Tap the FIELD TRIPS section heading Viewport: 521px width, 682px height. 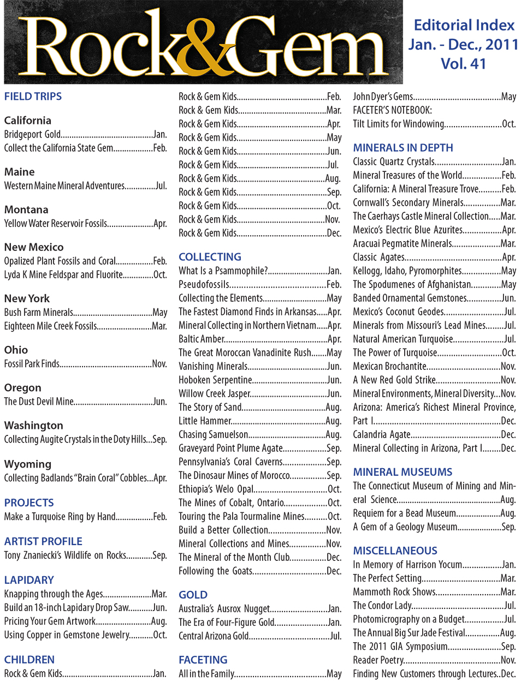pos(33,97)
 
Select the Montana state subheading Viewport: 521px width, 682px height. pos(26,210)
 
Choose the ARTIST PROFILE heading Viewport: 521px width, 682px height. pos(43,541)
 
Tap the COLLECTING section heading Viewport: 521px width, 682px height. pos(210,257)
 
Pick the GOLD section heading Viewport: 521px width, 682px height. pos(193,595)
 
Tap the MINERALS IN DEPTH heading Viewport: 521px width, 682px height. pos(403,148)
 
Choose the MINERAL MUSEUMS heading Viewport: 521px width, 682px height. pos(402,472)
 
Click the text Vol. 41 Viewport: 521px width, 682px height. pos(463,64)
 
